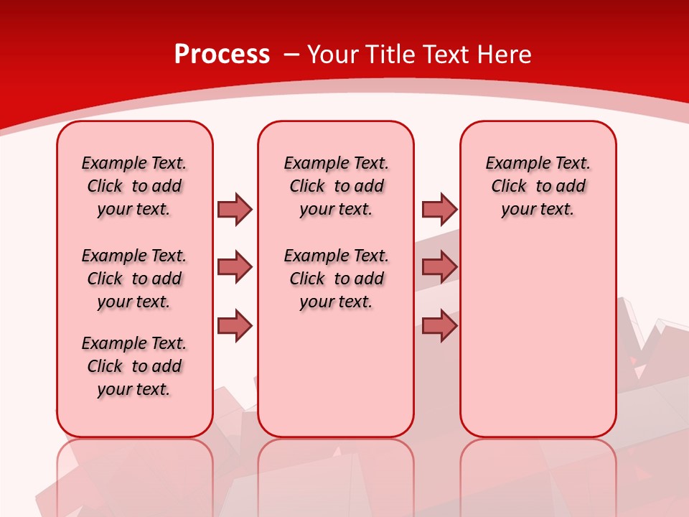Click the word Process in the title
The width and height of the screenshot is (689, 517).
point(222,54)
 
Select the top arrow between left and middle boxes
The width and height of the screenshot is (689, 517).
point(235,209)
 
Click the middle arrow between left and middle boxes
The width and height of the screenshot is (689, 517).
point(235,267)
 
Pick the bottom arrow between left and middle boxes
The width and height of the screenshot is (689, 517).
point(235,326)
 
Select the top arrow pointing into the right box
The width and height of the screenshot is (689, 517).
point(439,209)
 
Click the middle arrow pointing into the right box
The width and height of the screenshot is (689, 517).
point(439,267)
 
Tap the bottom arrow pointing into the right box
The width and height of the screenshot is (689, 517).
point(439,326)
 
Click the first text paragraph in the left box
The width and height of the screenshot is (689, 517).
point(134,186)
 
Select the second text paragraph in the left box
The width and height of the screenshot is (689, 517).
point(134,279)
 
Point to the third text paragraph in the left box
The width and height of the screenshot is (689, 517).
point(134,366)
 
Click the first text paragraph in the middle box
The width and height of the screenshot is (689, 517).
point(336,186)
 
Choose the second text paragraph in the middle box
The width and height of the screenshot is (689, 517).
point(336,279)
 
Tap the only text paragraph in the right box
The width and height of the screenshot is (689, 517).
point(538,186)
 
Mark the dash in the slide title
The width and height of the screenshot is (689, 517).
point(291,55)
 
